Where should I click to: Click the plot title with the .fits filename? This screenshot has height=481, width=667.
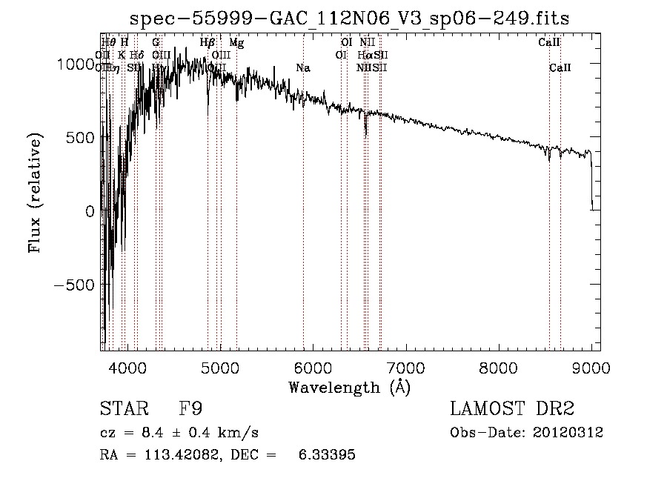tap(349, 18)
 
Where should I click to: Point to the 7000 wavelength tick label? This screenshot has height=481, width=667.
tap(405, 367)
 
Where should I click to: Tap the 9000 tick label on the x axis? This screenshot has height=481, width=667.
tap(591, 367)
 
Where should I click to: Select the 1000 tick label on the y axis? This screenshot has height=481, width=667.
tap(76, 64)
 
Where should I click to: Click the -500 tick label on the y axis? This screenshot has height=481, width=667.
tap(74, 285)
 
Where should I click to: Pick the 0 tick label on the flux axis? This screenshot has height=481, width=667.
tap(89, 211)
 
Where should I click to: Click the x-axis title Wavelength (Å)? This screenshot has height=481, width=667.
tap(349, 386)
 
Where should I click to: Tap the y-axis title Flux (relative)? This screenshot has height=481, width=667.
tap(35, 193)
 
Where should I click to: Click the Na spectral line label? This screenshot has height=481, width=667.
tap(302, 68)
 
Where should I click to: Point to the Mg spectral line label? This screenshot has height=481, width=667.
tap(236, 43)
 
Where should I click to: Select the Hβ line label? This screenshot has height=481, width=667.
tap(208, 43)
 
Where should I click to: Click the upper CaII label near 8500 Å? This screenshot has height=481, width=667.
tap(548, 43)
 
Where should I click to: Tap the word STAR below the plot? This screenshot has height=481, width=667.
tap(123, 408)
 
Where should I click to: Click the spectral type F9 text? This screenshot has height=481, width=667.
tap(190, 408)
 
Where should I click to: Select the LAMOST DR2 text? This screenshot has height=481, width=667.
tap(512, 408)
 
